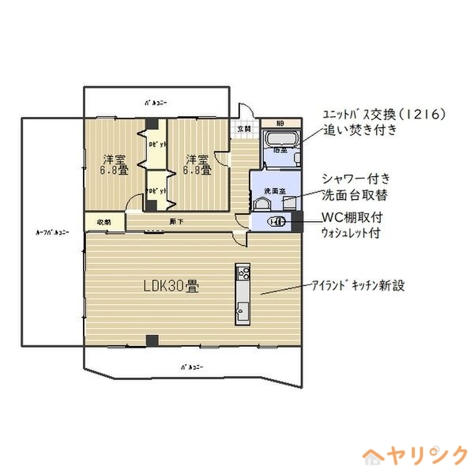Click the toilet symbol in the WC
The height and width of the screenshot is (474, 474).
(276, 222)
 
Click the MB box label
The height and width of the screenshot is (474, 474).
(280, 123)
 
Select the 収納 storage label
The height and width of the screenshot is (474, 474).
(104, 222)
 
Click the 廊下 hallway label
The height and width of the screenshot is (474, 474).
(175, 221)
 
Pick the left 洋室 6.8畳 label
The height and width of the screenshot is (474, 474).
(114, 164)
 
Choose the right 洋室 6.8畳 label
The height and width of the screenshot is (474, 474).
(197, 164)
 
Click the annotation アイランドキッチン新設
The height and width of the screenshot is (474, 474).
(357, 285)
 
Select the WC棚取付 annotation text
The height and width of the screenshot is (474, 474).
(352, 217)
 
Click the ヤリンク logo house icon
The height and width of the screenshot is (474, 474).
(373, 456)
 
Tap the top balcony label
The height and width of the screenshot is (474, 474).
(156, 103)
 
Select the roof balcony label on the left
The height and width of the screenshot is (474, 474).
(53, 232)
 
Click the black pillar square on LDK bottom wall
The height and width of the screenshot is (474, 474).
(152, 340)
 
